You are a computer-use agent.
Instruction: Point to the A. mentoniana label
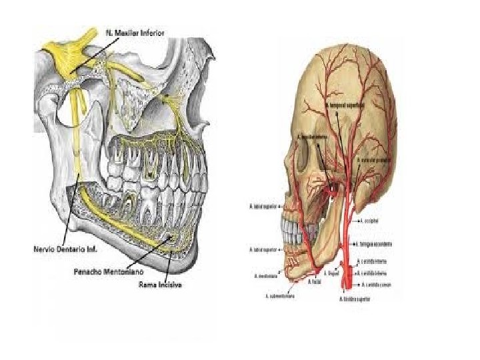pos(265,275)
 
